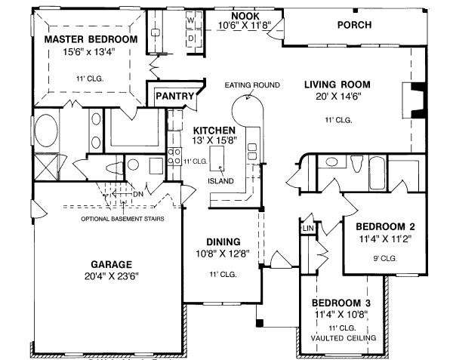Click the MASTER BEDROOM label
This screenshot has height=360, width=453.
tap(91, 38)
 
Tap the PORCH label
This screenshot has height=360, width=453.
tap(353, 25)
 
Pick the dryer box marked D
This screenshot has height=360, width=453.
tap(191, 37)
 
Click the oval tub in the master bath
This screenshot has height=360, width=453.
tap(46, 130)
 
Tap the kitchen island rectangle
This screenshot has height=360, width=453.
tap(220, 157)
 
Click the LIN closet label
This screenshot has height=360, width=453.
tap(308, 227)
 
